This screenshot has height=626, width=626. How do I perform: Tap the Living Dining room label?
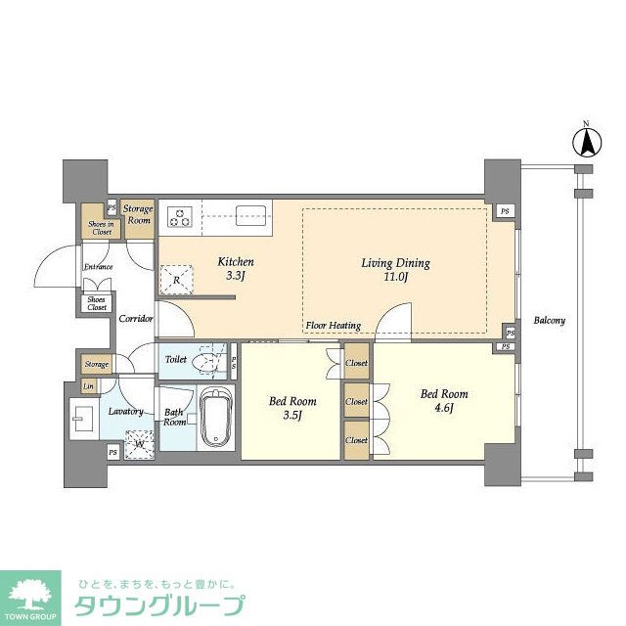tap(396, 269)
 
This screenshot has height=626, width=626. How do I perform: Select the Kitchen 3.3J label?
tap(236, 269)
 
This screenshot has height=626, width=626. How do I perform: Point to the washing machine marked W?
tap(141, 441)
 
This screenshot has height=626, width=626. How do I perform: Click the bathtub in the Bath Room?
tap(214, 418)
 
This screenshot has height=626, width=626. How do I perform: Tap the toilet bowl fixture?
tap(207, 361)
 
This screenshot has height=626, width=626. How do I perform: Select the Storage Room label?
tap(138, 214)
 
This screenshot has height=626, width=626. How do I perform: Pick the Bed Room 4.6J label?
tap(443, 401)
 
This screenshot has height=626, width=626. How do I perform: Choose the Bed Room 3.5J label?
tap(291, 407)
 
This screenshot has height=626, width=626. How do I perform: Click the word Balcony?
tap(549, 320)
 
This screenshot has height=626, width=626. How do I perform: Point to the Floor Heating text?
tap(333, 326)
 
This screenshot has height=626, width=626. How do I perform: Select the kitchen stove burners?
tap(180, 214)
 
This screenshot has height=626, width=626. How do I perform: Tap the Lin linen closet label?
tap(89, 387)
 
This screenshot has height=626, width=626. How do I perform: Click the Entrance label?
tap(98, 266)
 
